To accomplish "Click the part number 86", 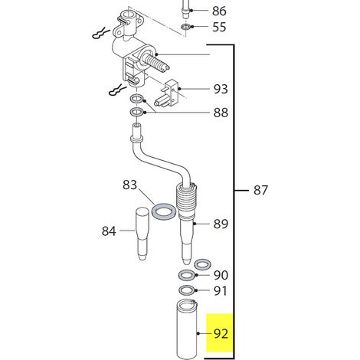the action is point(219,11).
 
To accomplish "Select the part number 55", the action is point(219,27).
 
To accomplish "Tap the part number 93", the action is point(221,89).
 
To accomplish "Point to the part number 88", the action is point(221,113).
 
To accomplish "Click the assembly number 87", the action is point(260,191).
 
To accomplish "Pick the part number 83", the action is point(129,185).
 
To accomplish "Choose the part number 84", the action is point(109,231).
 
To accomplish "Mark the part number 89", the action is point(221,224).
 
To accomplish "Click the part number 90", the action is point(221,275).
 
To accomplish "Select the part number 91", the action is point(220,291).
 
